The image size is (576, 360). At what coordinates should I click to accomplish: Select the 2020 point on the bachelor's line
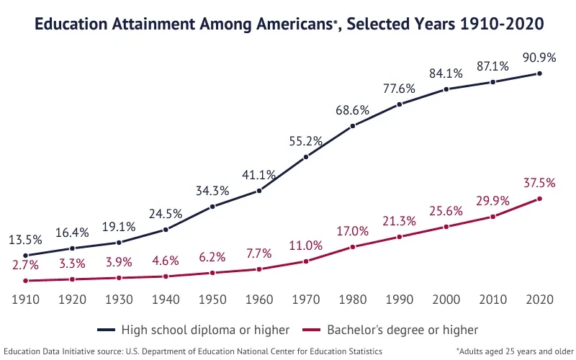pos(539,199)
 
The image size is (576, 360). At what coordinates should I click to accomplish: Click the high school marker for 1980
pos(353,126)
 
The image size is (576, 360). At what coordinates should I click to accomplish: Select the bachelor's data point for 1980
pos(353,247)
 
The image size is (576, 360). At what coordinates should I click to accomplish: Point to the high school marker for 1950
pos(212,207)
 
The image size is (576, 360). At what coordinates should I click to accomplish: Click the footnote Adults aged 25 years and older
pos(514,351)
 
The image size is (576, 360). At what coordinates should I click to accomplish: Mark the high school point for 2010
pos(493,82)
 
